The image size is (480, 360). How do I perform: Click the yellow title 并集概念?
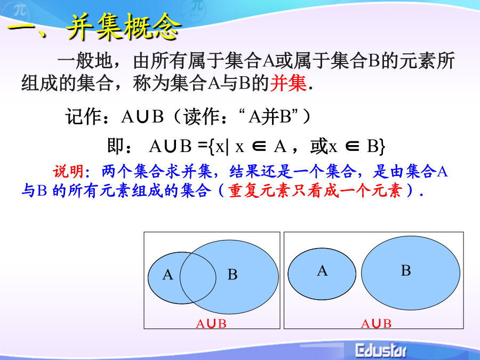click(123, 27)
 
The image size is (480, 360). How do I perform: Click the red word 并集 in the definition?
click(288, 83)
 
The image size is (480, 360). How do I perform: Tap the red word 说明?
click(68, 171)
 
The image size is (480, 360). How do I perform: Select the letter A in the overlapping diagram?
click(167, 275)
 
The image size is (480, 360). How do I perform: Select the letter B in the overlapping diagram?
click(233, 275)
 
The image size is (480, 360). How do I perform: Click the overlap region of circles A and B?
click(198, 278)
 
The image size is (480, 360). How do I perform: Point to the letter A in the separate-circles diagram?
click(322, 271)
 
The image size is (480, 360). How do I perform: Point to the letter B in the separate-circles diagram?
click(406, 270)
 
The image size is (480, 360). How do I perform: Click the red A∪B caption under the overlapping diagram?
click(211, 324)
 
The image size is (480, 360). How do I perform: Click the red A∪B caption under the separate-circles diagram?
click(376, 324)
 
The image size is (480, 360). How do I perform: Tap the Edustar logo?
click(381, 350)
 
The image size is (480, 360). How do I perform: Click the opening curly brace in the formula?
click(211, 147)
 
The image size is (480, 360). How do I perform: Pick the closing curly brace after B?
click(381, 147)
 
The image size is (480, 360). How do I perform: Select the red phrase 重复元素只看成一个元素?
click(315, 191)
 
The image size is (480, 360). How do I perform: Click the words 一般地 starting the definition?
click(85, 61)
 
